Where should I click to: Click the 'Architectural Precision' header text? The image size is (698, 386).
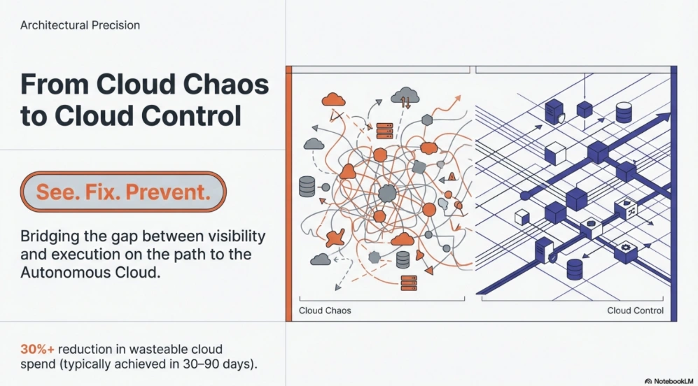80,25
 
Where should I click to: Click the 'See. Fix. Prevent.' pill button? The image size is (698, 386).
123,192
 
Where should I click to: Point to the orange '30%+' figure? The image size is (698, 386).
37,349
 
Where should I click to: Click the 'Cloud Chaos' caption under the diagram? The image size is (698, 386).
325,310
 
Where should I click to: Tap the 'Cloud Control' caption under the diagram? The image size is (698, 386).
635,310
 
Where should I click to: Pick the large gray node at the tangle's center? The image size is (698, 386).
387,194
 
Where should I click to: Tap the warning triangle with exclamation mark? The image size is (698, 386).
452,176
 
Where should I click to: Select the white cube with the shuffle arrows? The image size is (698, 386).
627,210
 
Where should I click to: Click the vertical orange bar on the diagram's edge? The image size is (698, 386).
289,194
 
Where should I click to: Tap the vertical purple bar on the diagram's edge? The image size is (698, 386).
674,194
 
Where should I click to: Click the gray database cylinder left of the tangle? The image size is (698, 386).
307,187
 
